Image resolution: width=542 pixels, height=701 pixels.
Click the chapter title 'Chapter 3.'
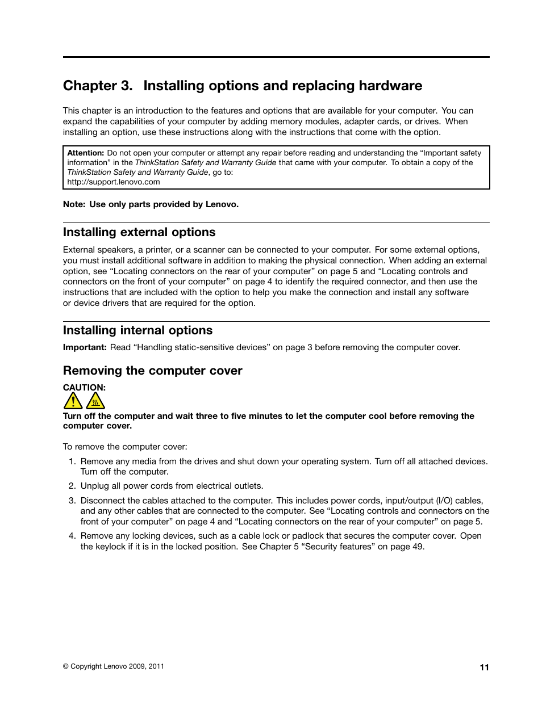click(98, 86)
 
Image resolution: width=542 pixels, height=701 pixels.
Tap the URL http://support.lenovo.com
click(113, 182)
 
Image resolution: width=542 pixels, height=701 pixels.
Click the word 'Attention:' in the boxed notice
click(86, 153)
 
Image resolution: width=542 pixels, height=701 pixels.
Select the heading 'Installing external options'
click(139, 232)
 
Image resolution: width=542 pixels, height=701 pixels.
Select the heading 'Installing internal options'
click(137, 330)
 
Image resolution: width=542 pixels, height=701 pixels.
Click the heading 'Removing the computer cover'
click(152, 371)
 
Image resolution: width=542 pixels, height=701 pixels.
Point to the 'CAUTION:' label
click(84, 388)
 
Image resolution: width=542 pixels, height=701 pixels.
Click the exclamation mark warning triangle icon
click(73, 401)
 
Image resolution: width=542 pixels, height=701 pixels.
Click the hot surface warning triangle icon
click(95, 401)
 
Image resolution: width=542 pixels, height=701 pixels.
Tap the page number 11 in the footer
click(484, 668)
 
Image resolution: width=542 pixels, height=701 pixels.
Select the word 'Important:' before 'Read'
click(85, 347)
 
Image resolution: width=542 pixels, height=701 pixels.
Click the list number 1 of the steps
click(72, 461)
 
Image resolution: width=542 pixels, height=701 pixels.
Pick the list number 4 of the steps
click(72, 536)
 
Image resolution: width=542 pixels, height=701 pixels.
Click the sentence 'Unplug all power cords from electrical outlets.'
click(172, 486)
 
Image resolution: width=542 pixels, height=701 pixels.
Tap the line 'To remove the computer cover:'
click(125, 447)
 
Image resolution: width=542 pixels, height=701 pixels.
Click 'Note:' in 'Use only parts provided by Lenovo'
click(74, 204)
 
